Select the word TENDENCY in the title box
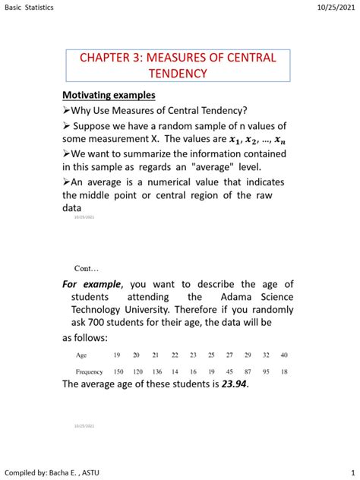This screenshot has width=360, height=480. point(179,73)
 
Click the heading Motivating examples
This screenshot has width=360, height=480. point(109,96)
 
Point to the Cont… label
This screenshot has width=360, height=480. point(87,269)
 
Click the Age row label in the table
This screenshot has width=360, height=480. point(81,355)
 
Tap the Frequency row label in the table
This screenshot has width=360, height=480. point(90,372)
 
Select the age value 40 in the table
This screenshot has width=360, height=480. point(284,355)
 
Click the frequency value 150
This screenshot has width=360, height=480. point(118,372)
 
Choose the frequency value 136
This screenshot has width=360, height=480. point(156,372)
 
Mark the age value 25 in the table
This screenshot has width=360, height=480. point(211,355)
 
